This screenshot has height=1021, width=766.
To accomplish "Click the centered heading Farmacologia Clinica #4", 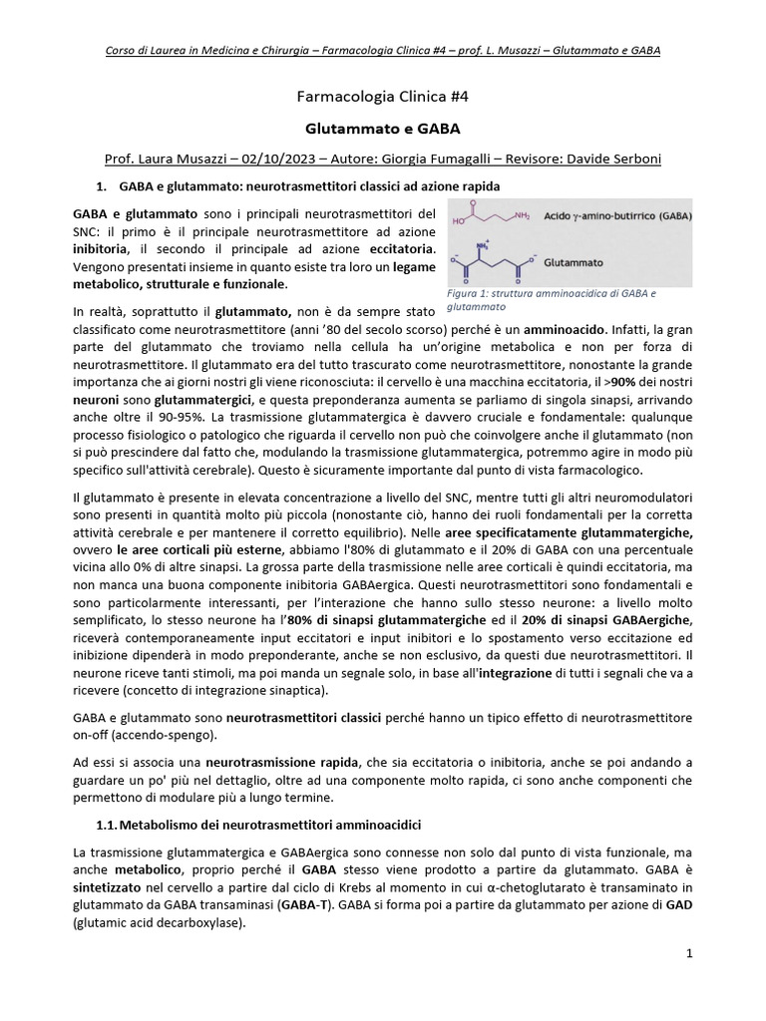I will pos(383,97).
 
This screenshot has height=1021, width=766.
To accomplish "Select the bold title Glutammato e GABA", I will pos(383,129).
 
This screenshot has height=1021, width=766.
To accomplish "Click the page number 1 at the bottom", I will pos(689,954).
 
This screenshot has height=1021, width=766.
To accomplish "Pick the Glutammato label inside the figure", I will pos(577,262).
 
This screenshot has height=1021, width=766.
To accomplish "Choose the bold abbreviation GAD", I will pos(678,904).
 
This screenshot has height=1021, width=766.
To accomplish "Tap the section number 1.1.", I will pos(105,826).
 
